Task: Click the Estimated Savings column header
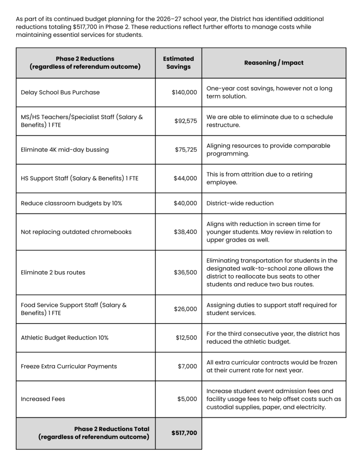coord(178,63)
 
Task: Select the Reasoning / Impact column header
coord(274,63)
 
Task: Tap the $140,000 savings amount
coord(184,92)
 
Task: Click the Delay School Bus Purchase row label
coord(60,92)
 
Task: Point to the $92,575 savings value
coord(186,121)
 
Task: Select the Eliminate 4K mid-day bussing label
coord(65,150)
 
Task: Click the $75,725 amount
coord(186,150)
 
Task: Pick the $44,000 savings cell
coord(185,178)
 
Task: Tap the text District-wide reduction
coord(240,203)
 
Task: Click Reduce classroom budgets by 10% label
coord(71,203)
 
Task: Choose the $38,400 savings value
coord(185,232)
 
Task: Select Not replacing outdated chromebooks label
coord(76,232)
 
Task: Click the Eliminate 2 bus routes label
coord(53,273)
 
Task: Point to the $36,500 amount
coord(185,273)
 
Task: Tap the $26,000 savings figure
coord(185,309)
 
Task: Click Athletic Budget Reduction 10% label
coord(65,338)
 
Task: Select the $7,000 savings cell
coord(187,366)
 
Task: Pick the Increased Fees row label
coord(43,399)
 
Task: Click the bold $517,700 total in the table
coord(184,433)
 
